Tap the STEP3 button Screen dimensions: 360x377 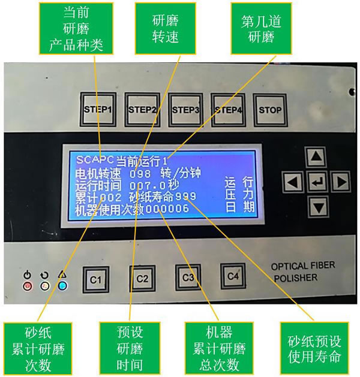click(185, 110)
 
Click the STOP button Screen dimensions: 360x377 click(270, 110)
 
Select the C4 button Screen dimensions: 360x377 click(233, 276)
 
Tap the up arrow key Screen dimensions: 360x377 click(316, 157)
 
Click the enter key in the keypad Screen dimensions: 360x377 click(317, 182)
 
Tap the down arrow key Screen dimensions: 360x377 click(319, 207)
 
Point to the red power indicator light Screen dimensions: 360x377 click(27, 286)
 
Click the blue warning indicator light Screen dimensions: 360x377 click(62, 285)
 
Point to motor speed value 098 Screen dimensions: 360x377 click(140, 174)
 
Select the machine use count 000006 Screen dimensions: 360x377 click(167, 209)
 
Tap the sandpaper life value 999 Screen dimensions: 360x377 click(185, 197)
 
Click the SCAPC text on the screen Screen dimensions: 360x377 click(95, 159)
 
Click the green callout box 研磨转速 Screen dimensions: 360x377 click(166, 28)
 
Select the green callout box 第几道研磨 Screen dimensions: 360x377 click(261, 28)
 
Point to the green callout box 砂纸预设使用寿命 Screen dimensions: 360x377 click(314, 348)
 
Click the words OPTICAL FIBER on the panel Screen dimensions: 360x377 click(303, 266)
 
